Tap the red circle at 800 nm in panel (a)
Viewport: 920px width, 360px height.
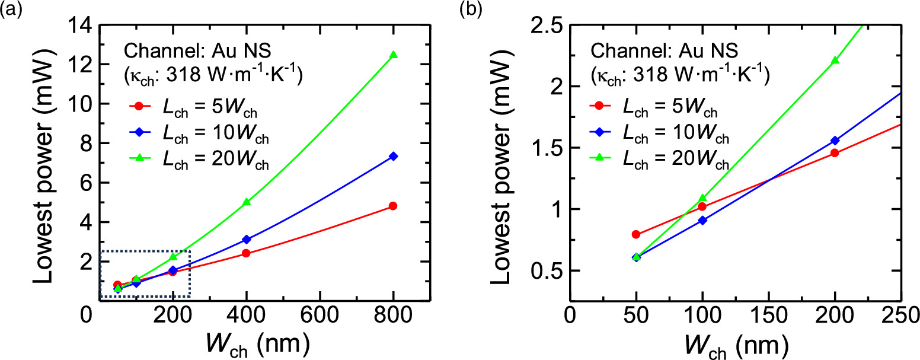[392, 206]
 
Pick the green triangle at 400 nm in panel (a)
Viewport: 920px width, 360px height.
[246, 202]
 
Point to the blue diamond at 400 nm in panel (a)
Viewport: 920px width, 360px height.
[246, 240]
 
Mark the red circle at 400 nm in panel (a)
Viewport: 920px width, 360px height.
[246, 253]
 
